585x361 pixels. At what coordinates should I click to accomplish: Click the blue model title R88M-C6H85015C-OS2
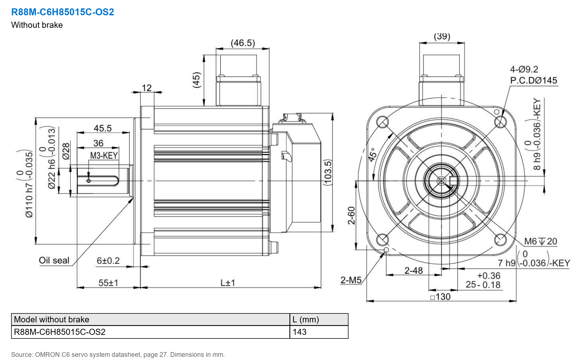pos(63,12)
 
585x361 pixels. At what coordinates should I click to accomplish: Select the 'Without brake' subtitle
pos(37,25)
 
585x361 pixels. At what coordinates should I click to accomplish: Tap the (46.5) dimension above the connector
pos(243,43)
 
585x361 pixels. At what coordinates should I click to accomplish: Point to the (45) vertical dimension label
pos(197,80)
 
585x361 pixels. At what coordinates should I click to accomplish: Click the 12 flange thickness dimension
pos(147,88)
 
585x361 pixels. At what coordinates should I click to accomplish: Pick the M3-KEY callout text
pos(104,155)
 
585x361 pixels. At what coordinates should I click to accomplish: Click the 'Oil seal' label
pos(54,260)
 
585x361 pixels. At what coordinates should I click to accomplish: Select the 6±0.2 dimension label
pos(108,261)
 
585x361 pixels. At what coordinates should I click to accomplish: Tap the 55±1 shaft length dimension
pos(108,283)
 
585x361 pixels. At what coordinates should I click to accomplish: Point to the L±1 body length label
pos(228,283)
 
